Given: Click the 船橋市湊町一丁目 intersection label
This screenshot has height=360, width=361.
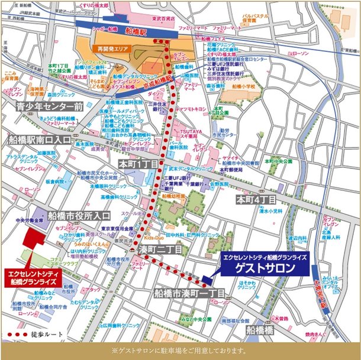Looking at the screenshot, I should pos(188,293).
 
